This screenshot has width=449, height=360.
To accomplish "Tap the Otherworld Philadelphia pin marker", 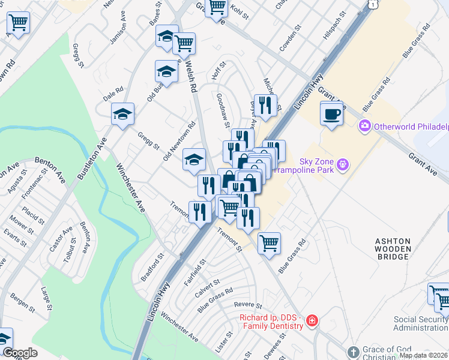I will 364,126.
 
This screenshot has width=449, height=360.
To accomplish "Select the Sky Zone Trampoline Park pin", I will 342,163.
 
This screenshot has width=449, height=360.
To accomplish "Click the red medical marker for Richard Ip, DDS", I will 312,321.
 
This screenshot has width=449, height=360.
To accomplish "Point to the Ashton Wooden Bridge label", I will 393,248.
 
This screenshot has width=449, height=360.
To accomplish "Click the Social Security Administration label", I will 420,323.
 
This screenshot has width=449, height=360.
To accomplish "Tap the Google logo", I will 20,353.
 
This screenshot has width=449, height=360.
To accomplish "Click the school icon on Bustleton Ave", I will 122,115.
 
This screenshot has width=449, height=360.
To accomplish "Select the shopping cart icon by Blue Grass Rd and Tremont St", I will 269,243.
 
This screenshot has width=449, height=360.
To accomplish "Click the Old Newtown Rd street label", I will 179,142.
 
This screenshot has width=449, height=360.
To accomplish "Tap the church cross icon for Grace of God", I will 353,351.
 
